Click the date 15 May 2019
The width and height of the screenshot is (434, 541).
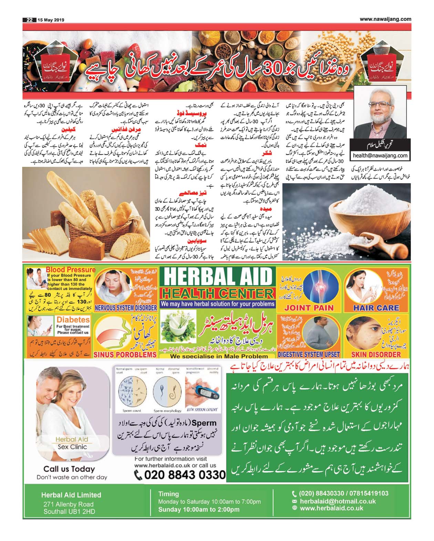tap(51, 20)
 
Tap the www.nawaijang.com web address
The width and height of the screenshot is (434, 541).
tap(385, 19)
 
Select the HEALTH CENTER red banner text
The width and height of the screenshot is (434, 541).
tap(218, 294)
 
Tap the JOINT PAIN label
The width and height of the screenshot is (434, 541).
tap(309, 308)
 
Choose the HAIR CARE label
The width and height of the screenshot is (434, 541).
tap(376, 308)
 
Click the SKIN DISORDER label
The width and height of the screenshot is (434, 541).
tap(376, 354)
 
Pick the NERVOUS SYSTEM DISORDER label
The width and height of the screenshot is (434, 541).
tap(126, 308)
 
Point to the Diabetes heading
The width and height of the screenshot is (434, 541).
tap(73, 320)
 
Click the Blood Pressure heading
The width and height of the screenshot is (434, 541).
tap(70, 270)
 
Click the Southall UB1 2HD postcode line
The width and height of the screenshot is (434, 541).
tap(69, 511)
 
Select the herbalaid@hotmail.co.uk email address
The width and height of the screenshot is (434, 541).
tap(338, 501)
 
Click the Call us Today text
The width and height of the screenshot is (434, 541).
tap(69, 469)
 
